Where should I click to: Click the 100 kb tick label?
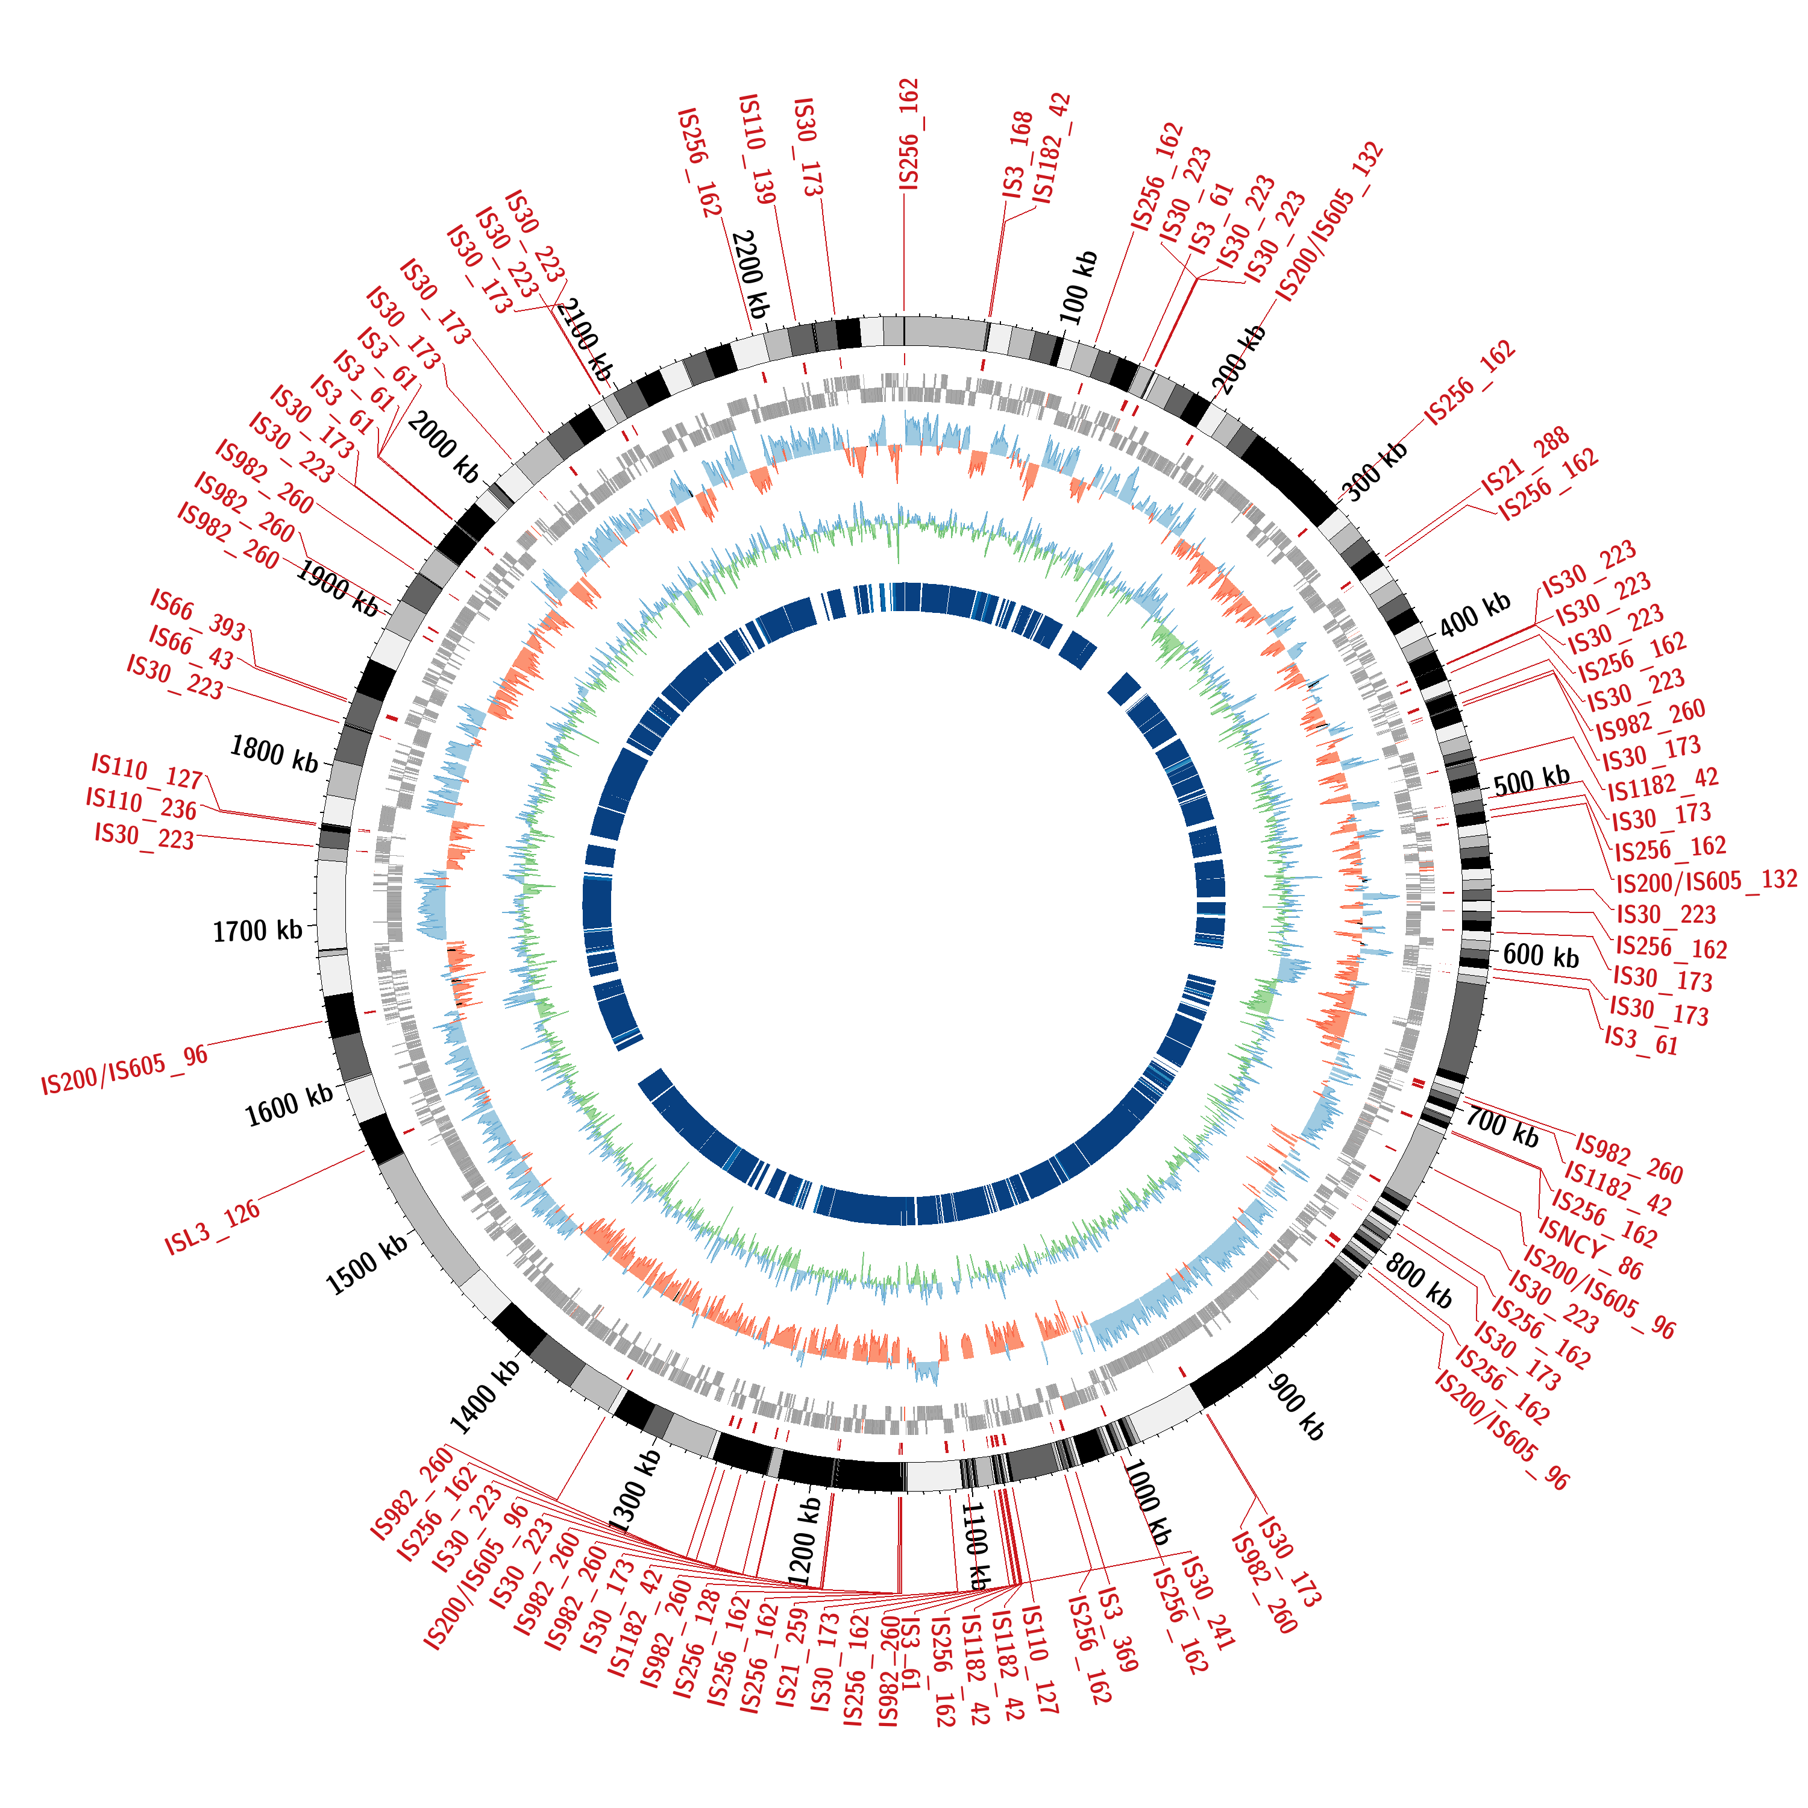coord(1078,287)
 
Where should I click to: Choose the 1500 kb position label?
coord(367,1263)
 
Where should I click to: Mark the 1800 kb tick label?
coord(274,753)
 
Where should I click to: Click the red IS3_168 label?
coord(1017,154)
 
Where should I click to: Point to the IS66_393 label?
coord(198,615)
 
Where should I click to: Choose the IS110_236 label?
coord(141,803)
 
